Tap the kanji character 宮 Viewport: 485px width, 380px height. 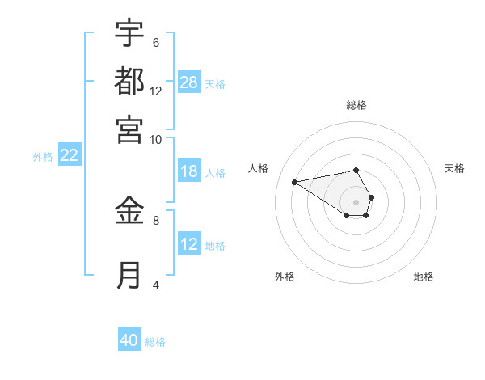point(129,129)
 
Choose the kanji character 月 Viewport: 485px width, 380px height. point(129,275)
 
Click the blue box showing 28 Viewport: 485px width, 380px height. point(189,82)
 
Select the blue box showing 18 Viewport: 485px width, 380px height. point(189,171)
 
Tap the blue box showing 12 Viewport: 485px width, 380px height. point(189,244)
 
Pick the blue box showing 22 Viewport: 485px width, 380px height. point(69,156)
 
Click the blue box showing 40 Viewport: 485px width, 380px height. point(129,340)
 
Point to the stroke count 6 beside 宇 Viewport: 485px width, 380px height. point(155,42)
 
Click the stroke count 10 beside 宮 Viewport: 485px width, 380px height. point(155,139)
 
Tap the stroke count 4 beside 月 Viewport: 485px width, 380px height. point(155,285)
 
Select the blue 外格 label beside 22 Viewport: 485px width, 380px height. point(42,157)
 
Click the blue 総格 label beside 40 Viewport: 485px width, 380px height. point(155,342)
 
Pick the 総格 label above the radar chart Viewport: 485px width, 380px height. point(356,105)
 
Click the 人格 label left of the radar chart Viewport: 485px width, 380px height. point(259,168)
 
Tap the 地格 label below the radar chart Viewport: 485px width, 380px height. point(424,277)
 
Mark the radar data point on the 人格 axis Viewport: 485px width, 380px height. point(294,181)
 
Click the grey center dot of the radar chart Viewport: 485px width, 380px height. point(356,201)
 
